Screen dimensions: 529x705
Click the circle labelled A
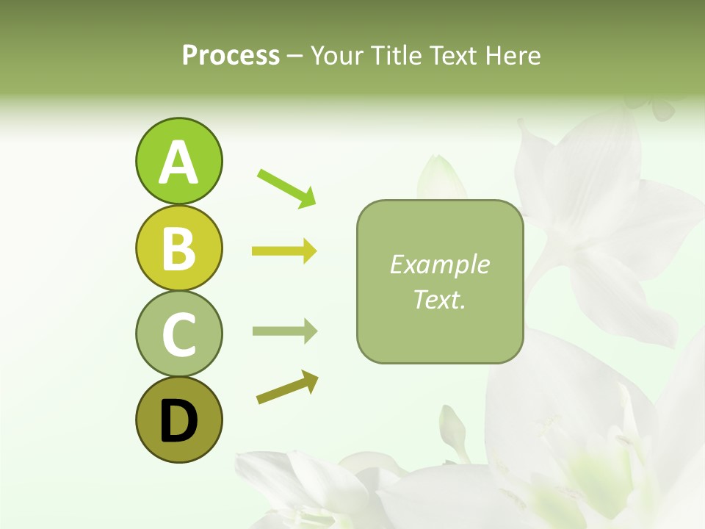178,161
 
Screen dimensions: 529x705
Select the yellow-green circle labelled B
178,248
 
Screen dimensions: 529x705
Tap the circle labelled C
178,334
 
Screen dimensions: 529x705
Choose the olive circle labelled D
178,420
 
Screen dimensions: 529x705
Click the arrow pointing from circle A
286,187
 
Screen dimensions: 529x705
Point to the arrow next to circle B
284,251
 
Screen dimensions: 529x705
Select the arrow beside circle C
284,331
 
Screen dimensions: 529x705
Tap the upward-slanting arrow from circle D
287,387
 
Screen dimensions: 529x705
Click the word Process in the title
231,55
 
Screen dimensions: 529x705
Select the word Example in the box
439,264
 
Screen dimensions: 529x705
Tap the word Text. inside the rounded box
439,300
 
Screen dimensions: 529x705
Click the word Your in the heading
337,55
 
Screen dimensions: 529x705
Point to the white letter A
178,162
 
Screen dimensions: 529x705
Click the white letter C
178,335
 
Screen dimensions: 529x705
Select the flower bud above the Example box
440,176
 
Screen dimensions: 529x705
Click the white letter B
178,249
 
